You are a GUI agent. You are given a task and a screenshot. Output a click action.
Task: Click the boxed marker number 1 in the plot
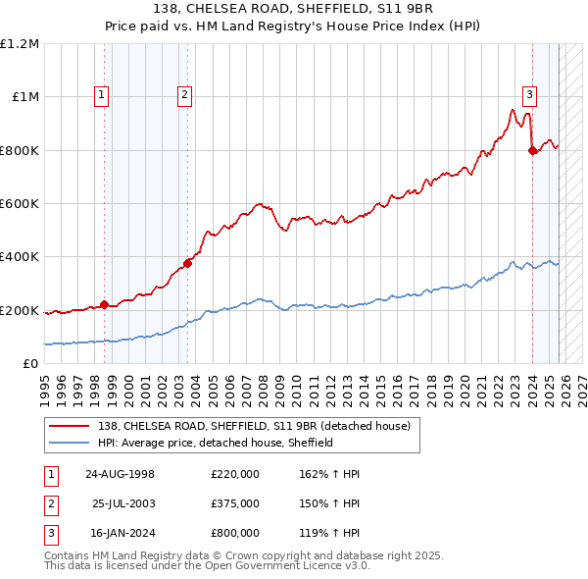click(x=103, y=95)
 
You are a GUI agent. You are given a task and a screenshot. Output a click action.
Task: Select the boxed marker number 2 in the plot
click(x=184, y=95)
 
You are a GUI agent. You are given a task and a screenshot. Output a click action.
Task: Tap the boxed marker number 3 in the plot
click(x=529, y=95)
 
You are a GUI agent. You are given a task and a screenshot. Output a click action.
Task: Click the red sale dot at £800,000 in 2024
click(x=532, y=151)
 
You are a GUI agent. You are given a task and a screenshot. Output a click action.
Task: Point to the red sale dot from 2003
click(x=188, y=263)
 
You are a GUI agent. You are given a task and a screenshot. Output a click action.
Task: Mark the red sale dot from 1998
click(x=105, y=304)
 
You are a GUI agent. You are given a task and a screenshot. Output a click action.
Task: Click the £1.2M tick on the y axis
click(x=20, y=44)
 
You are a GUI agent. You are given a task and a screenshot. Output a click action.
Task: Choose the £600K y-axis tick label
click(x=20, y=204)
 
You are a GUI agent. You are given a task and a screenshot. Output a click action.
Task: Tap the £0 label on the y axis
click(x=31, y=364)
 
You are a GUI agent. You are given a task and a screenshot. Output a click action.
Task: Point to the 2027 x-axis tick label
click(x=582, y=386)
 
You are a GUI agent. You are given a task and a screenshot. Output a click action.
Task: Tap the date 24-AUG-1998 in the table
click(x=120, y=474)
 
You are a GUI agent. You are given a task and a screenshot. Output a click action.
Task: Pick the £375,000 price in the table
click(x=235, y=503)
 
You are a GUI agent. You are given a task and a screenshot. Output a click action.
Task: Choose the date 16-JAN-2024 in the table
click(x=120, y=533)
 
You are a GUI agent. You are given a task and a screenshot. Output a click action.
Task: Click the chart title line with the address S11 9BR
click(x=294, y=9)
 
